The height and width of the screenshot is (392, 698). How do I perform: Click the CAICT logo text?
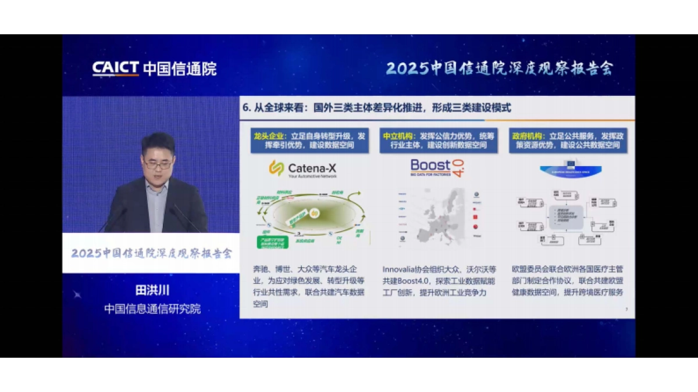point(115,69)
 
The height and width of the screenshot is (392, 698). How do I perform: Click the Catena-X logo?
point(302,169)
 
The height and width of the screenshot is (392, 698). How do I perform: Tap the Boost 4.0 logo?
point(437,168)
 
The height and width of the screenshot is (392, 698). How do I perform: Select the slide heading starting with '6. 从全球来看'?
point(377,108)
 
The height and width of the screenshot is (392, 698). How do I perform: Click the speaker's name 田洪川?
point(152,291)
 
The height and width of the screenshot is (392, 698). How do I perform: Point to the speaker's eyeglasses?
point(158,165)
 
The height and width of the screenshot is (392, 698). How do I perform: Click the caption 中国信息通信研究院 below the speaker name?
point(152,309)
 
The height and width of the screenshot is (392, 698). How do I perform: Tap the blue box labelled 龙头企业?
point(310,141)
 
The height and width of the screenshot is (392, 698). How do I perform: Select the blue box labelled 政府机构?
point(568,141)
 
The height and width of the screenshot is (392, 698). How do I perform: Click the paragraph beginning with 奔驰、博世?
point(309,286)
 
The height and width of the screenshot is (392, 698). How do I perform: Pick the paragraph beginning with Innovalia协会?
point(439,281)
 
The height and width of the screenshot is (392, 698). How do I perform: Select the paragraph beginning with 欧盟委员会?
point(568,281)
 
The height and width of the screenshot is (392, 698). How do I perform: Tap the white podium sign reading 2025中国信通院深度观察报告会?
point(151,254)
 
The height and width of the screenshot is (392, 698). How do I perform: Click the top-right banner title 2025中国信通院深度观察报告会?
point(499,69)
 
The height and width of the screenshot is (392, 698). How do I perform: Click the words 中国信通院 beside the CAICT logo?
point(179,69)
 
